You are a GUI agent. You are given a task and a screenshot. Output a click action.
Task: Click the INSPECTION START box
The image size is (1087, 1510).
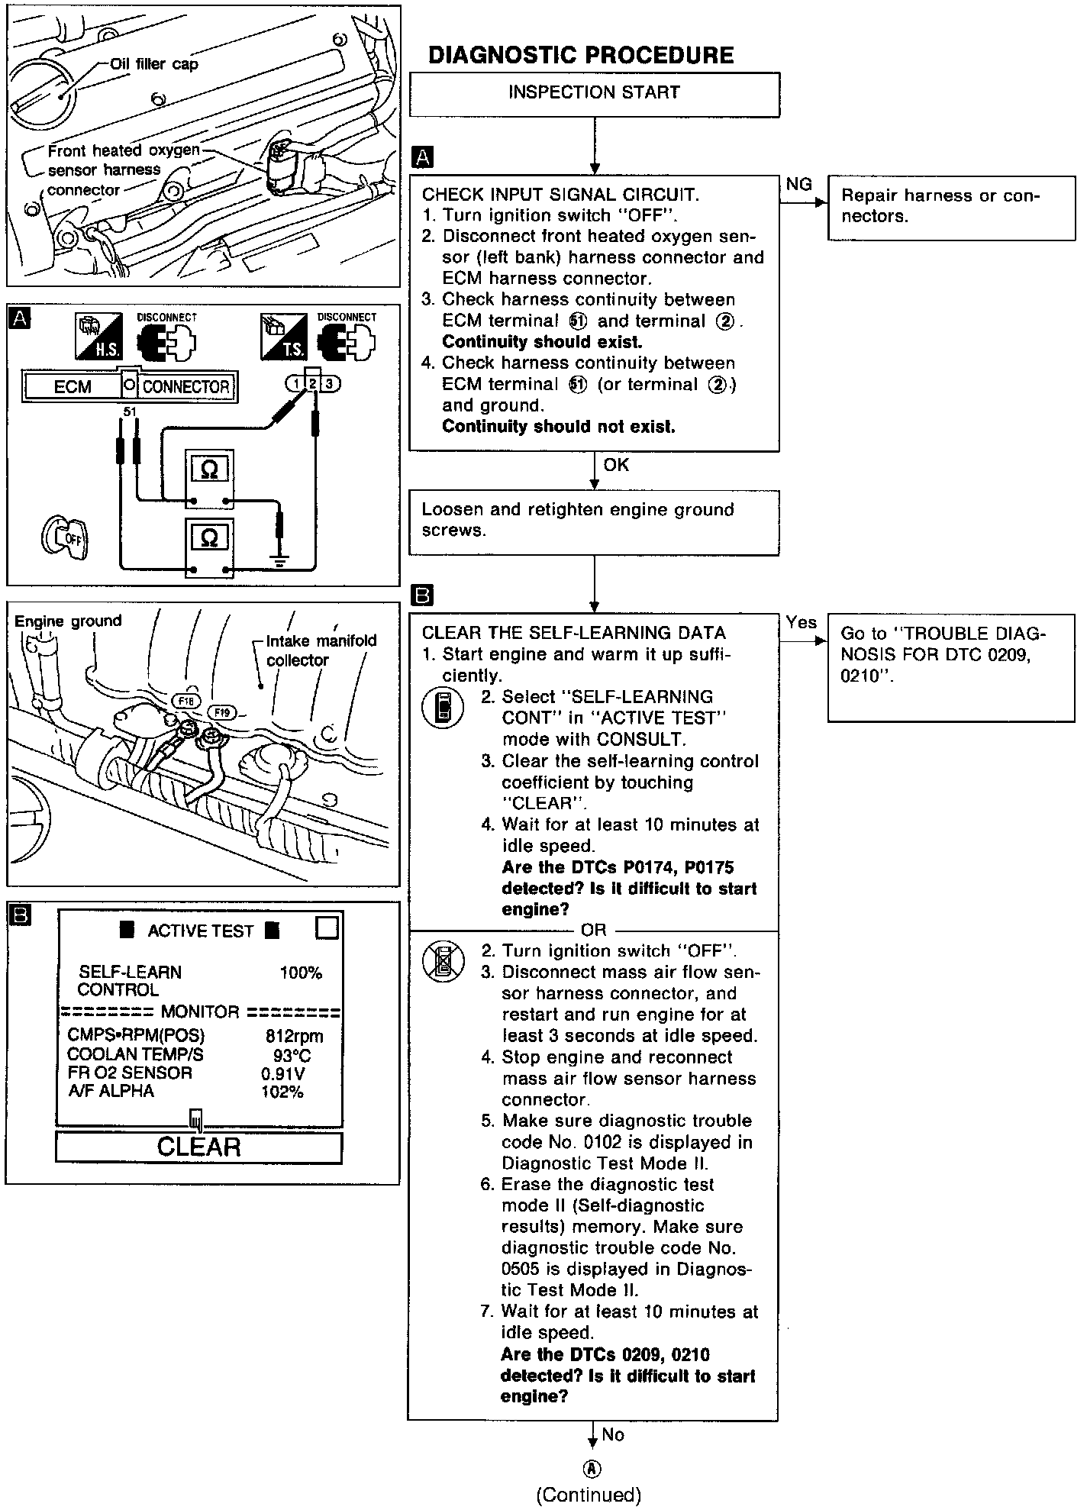click(x=594, y=94)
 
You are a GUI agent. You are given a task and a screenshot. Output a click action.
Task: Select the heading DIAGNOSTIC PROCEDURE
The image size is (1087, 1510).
click(x=581, y=55)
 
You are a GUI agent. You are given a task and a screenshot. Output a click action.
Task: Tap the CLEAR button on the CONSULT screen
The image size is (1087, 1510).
click(x=198, y=1147)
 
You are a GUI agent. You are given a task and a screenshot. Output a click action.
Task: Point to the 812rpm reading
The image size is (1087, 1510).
click(x=294, y=1036)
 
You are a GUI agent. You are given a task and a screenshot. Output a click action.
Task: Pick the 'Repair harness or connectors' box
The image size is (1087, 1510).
click(x=950, y=207)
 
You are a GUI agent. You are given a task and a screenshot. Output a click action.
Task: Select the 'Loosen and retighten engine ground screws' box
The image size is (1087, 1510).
click(x=594, y=521)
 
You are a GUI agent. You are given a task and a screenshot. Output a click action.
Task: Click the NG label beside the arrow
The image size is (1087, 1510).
click(x=798, y=184)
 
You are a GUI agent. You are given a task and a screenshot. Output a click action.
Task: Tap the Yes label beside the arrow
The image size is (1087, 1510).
click(x=802, y=623)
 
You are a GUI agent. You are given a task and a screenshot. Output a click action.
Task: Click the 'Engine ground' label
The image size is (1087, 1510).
click(x=68, y=621)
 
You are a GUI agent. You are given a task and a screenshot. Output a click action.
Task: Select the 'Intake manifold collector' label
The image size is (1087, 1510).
click(x=321, y=650)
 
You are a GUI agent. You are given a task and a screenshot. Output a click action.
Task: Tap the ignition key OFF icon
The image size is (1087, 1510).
click(x=66, y=537)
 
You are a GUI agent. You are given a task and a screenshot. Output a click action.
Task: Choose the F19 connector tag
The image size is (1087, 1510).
click(x=222, y=712)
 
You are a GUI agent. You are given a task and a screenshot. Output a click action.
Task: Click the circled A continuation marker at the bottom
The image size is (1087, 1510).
click(x=592, y=1469)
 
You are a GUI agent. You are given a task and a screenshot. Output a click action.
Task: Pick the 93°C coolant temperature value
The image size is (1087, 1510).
click(x=292, y=1056)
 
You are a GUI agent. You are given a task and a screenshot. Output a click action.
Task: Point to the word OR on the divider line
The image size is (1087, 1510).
click(x=593, y=930)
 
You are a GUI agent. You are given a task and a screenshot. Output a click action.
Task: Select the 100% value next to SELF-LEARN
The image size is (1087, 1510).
click(x=301, y=973)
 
